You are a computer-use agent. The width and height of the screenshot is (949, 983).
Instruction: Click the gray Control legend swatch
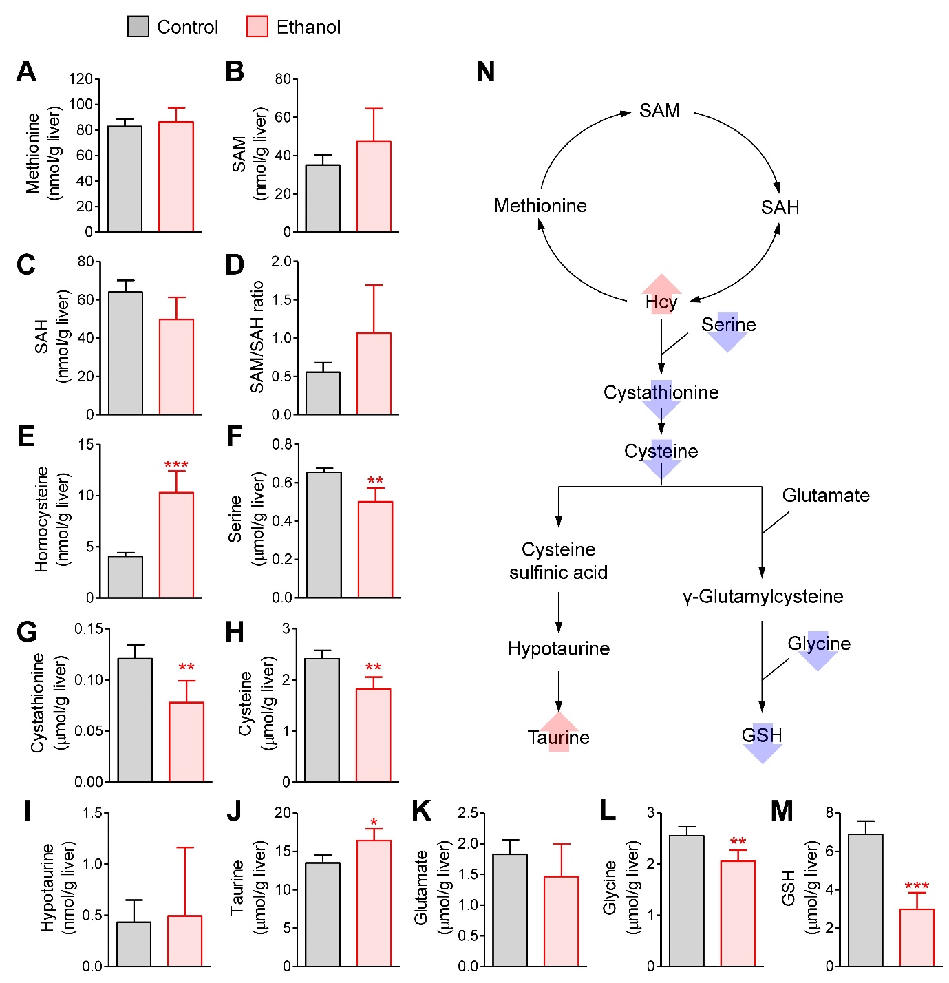point(138,27)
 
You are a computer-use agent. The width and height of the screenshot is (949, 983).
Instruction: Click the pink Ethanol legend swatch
point(257,27)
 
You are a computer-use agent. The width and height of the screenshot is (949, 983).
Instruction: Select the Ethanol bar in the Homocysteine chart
point(176,545)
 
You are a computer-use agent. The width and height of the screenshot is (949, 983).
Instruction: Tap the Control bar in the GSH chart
point(865,900)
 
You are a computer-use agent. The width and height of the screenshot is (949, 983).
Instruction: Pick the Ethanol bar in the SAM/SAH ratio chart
point(374,373)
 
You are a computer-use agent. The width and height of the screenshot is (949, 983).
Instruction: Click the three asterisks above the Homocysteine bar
point(176,464)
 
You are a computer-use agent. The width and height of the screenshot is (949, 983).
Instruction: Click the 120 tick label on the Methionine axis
point(81,78)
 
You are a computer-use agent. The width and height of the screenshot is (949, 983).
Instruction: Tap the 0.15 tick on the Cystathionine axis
point(88,629)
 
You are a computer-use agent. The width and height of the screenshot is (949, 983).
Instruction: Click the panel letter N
point(485,71)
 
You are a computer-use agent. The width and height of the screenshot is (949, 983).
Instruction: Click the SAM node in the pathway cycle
point(659,111)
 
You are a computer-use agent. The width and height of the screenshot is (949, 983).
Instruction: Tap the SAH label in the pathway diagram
point(780,207)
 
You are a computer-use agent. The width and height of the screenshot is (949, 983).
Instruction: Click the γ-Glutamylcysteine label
point(763,597)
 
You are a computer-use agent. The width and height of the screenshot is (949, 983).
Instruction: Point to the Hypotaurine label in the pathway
point(559,648)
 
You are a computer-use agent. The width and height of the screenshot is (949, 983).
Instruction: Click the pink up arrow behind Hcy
point(661,294)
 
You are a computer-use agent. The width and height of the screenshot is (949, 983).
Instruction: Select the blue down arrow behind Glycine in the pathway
point(818,651)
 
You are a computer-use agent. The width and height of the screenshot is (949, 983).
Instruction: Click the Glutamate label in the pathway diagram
point(826,495)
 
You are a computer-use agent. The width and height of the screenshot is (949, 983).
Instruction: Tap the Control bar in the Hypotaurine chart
point(134,944)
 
